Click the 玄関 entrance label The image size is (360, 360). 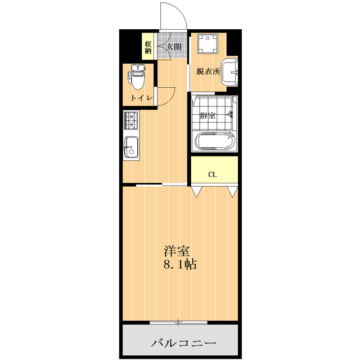(173, 47)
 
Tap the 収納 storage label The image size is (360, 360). (148, 47)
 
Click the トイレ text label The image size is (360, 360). (142, 98)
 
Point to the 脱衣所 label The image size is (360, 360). (208, 71)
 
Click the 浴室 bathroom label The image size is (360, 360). (208, 116)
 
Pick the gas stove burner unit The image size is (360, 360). (131, 121)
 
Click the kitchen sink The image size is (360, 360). (130, 148)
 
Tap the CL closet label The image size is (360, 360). (213, 174)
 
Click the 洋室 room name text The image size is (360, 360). (177, 250)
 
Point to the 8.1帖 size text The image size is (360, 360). (179, 264)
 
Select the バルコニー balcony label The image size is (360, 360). (183, 343)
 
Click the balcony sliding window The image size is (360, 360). (179, 323)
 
